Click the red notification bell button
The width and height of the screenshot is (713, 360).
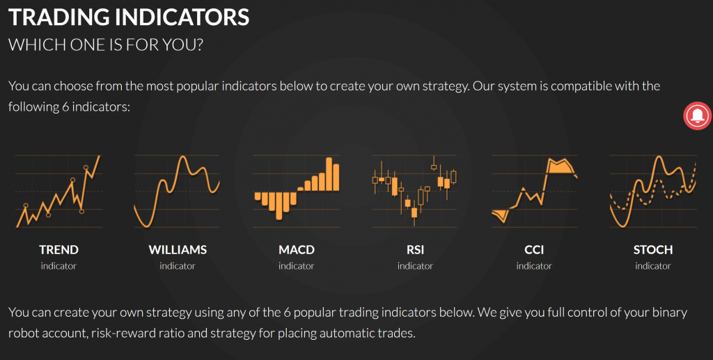coord(697,116)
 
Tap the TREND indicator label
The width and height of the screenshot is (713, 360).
coord(58,249)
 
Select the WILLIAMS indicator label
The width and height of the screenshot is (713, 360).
coord(178,249)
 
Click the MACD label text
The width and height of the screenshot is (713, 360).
coord(297,249)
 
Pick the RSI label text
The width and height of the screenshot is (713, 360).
coord(415,249)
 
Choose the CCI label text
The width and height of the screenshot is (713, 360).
coord(534,249)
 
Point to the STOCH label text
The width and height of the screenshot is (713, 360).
coord(653,249)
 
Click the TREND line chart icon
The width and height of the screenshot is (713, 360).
coord(58,191)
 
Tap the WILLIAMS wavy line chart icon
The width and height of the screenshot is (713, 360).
coord(178,191)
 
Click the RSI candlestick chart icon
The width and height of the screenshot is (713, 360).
coord(414,191)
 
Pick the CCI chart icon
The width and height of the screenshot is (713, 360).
coord(534,191)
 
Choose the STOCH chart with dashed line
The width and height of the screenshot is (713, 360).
coord(653,191)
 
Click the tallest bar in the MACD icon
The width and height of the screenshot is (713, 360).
coord(329,174)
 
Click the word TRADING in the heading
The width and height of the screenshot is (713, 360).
coord(60,17)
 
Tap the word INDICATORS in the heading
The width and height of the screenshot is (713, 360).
coord(182,17)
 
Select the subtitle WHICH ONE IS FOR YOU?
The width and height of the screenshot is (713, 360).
coord(106,45)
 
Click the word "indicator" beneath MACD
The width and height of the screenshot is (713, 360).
coord(297,266)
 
